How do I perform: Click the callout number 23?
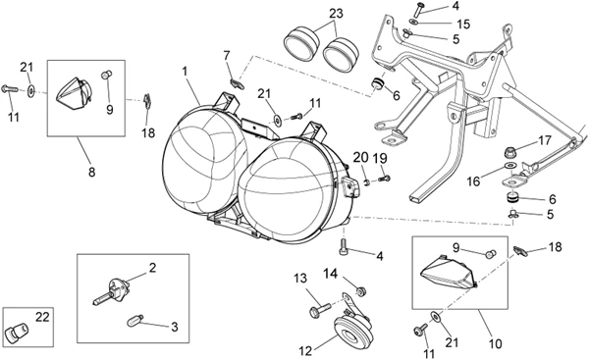pos(336,14)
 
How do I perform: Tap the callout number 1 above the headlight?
pos(185,71)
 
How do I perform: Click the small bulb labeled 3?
pos(134,321)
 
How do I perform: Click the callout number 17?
pos(545,141)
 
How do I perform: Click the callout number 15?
pos(463,24)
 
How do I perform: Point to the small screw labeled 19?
pos(384,179)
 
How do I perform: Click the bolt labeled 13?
pos(320,310)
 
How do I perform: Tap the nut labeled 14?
pos(361,291)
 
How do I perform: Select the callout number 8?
pos(91,172)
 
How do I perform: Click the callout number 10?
pos(496,343)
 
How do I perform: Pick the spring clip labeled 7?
pos(237,83)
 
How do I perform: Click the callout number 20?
pos(360,158)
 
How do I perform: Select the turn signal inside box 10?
pos(448,272)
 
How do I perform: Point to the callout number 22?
pos(42,317)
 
